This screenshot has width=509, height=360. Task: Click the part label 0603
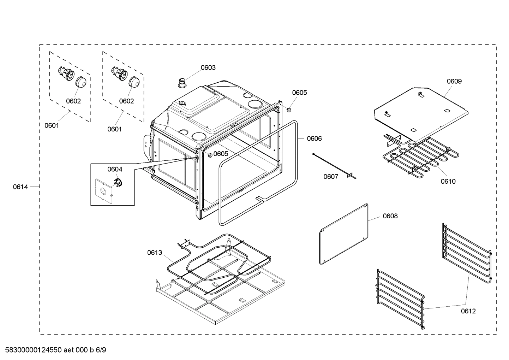(208, 67)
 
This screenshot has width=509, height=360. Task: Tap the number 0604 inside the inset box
(115, 169)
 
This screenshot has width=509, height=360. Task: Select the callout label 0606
(314, 138)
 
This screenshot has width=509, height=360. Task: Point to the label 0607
(331, 177)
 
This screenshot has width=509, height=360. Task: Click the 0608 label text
(390, 216)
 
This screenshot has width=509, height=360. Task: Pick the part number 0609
(454, 81)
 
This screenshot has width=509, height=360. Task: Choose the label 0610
(448, 182)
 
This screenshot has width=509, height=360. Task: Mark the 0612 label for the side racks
(468, 311)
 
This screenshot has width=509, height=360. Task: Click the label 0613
(155, 253)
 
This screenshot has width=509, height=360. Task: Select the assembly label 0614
(20, 187)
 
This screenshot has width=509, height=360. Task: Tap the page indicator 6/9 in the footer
(101, 350)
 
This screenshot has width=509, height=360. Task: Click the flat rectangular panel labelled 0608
(343, 234)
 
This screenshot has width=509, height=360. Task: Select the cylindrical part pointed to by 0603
(182, 83)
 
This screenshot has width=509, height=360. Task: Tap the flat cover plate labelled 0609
(420, 113)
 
